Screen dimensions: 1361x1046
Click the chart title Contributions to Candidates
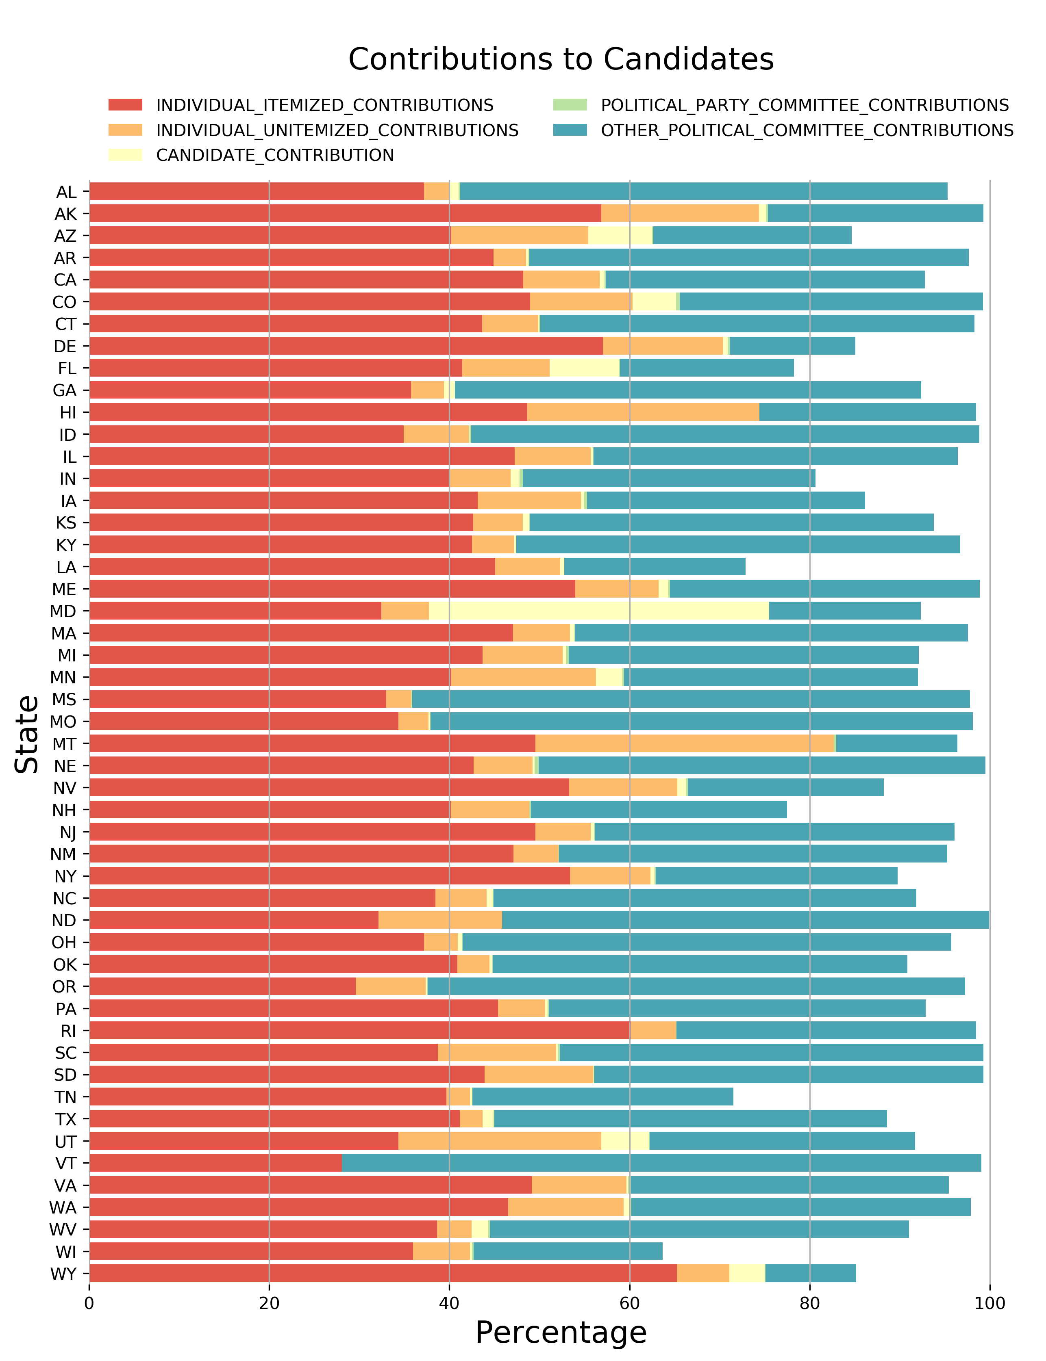pyautogui.click(x=560, y=60)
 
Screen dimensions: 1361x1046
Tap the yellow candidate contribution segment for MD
pyautogui.click(x=598, y=611)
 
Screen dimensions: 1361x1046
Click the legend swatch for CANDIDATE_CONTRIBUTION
pyautogui.click(x=125, y=155)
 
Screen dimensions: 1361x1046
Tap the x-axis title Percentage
pyautogui.click(x=560, y=1332)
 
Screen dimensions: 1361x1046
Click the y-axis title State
pyautogui.click(x=26, y=734)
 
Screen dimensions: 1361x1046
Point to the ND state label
pyautogui.click(x=64, y=920)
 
